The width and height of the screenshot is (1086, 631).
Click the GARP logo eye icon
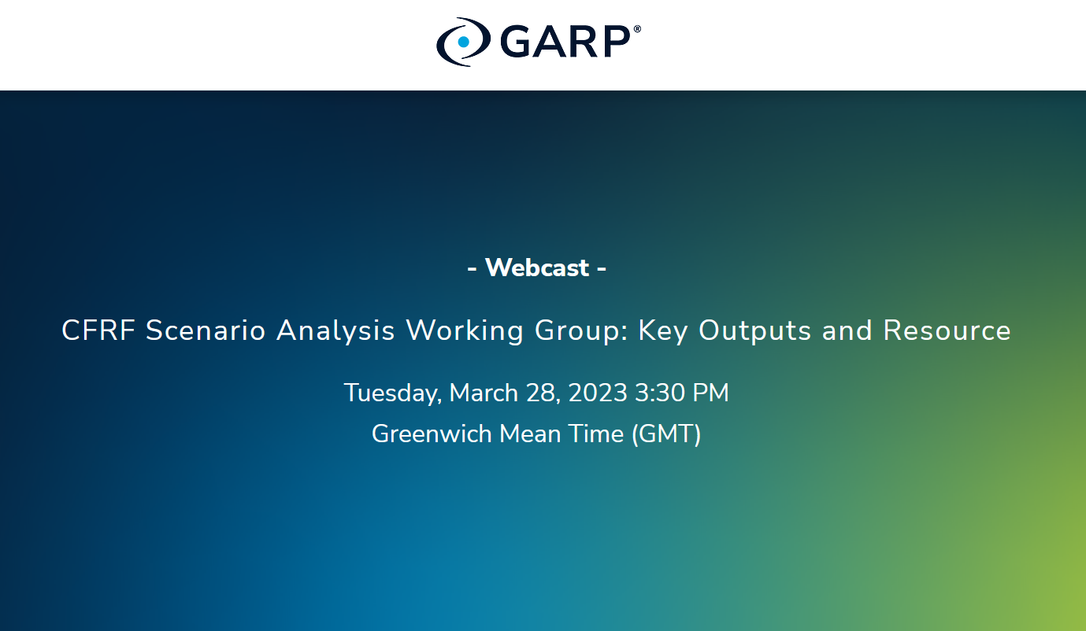[x=463, y=42]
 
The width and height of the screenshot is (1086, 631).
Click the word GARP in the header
[x=564, y=42]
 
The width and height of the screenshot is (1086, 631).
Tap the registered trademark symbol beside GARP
[x=636, y=29]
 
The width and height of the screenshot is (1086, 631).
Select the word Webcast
[x=536, y=268]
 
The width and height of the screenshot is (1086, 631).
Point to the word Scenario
[x=206, y=330]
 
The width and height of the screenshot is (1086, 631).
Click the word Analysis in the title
[x=335, y=330]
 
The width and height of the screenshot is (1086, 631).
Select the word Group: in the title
[x=581, y=330]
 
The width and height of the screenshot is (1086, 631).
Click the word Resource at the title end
[x=947, y=330]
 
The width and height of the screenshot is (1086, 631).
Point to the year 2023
[x=598, y=393]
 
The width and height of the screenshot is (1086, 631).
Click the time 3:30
[x=659, y=393]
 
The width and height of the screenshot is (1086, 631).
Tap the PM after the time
[x=710, y=393]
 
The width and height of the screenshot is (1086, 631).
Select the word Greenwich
[x=432, y=434]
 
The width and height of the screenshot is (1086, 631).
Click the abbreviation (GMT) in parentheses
[x=666, y=434]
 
